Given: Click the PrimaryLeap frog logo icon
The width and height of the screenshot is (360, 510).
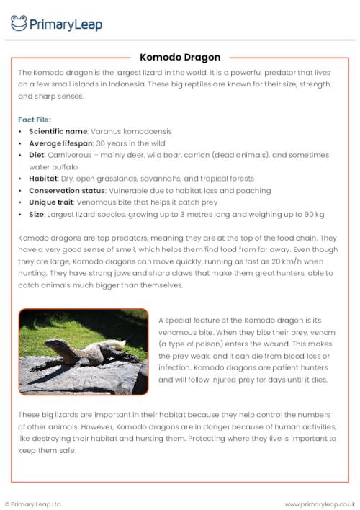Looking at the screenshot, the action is (x=19, y=23).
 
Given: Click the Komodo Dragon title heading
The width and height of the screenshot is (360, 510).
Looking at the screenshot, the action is (x=180, y=57).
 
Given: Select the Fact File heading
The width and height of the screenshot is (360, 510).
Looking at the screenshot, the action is (x=34, y=120).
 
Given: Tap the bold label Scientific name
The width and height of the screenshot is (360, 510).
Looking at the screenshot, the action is (x=58, y=132).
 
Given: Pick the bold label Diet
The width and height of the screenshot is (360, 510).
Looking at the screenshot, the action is (x=37, y=155).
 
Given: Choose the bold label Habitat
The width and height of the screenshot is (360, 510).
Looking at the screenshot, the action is (x=43, y=179).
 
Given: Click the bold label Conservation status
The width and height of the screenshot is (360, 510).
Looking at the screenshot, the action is (x=67, y=190).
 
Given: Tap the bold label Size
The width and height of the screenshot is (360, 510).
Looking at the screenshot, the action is (x=37, y=214).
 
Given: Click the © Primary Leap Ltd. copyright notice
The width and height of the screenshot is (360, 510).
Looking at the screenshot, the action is (x=34, y=504).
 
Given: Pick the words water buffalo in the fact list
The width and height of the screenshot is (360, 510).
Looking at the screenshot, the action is (x=55, y=167).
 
